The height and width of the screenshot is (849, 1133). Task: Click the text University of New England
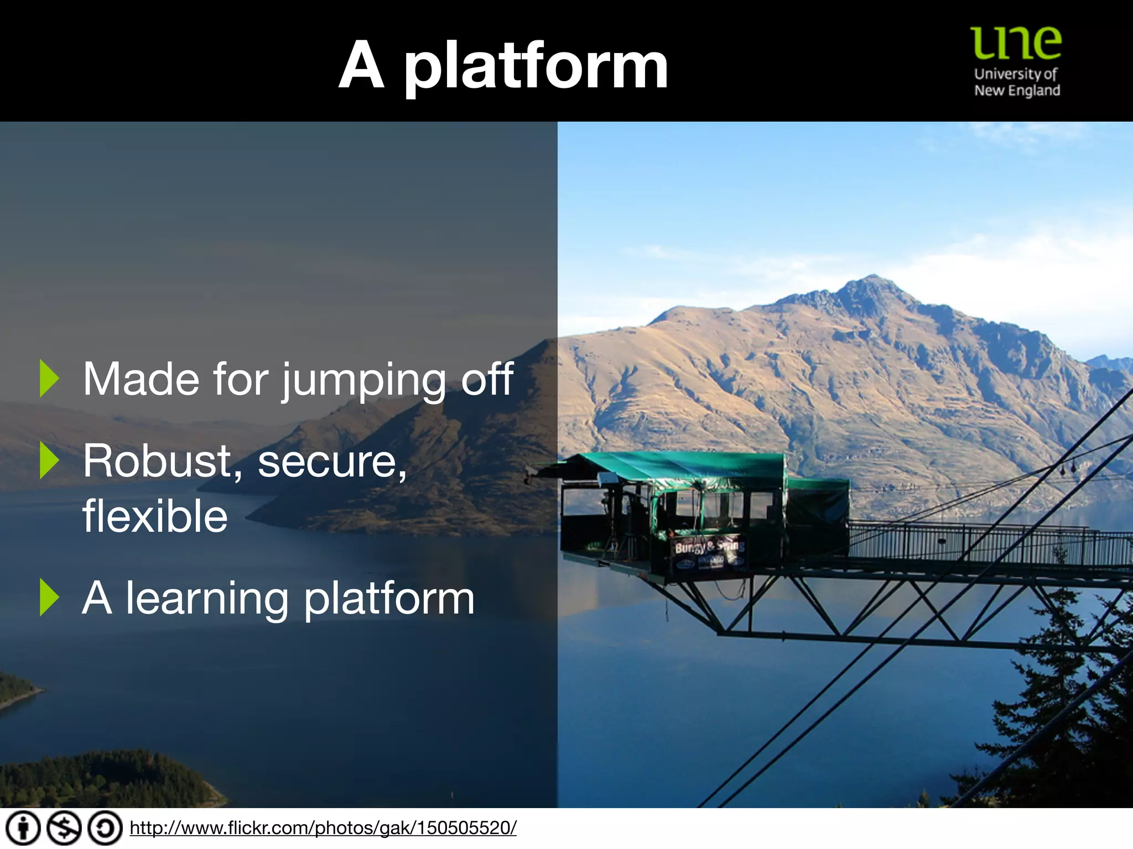point(1017,82)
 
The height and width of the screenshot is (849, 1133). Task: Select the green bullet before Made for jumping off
point(49,379)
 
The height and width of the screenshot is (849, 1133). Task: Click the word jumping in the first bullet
point(363,380)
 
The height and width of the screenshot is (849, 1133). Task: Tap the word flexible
point(155,515)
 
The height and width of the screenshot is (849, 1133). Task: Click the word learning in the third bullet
point(207,600)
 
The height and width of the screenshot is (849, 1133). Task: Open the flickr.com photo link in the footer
point(323,828)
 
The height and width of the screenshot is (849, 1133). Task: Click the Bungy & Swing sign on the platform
point(709,547)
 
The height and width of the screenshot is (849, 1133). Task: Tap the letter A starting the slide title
point(361,66)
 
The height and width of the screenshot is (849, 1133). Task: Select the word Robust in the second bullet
point(157,462)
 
